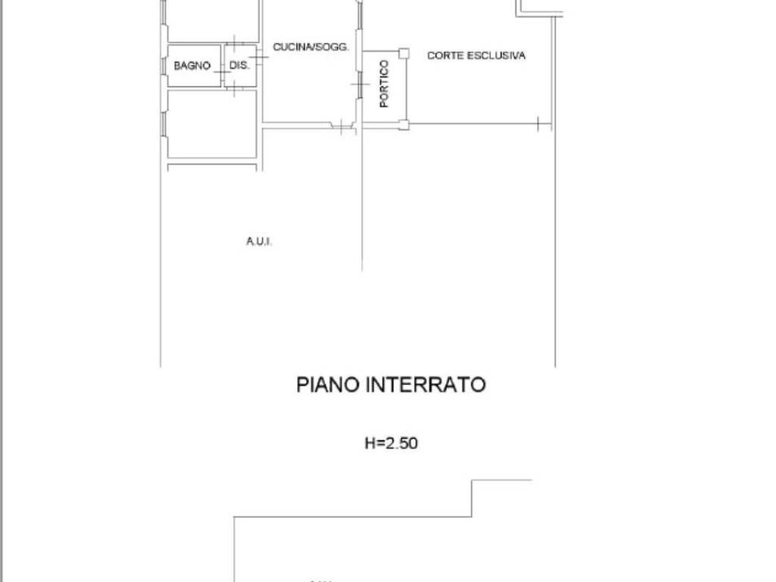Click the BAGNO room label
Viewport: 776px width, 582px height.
[x=192, y=66]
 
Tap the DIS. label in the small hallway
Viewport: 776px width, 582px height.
[x=239, y=66]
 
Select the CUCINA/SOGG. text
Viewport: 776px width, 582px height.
[x=311, y=47]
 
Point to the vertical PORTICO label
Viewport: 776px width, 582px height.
[x=384, y=83]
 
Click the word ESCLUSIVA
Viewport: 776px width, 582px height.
[x=499, y=55]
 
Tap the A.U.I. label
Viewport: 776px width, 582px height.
[x=258, y=242]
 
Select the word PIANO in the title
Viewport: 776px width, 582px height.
[x=328, y=385]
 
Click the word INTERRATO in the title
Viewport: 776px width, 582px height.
[x=425, y=385]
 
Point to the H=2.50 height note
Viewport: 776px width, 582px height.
[x=391, y=443]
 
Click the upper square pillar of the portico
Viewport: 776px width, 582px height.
[x=404, y=53]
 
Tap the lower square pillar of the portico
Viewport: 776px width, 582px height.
[x=404, y=125]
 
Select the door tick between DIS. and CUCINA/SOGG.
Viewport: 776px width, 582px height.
[x=258, y=55]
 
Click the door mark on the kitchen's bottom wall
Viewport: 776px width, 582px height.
[x=343, y=127]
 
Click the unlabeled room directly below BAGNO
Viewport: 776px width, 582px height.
[x=211, y=124]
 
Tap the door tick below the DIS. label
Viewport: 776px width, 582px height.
[x=235, y=89]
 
